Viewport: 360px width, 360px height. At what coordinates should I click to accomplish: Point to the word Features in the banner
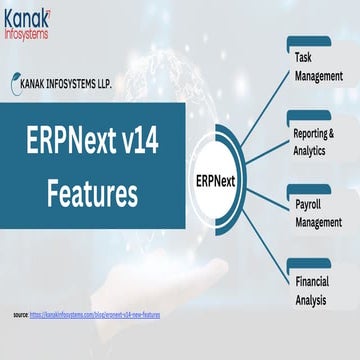tap(92, 189)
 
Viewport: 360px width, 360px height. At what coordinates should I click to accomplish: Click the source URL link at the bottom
tap(99, 315)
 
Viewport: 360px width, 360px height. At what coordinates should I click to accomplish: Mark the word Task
tap(303, 58)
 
